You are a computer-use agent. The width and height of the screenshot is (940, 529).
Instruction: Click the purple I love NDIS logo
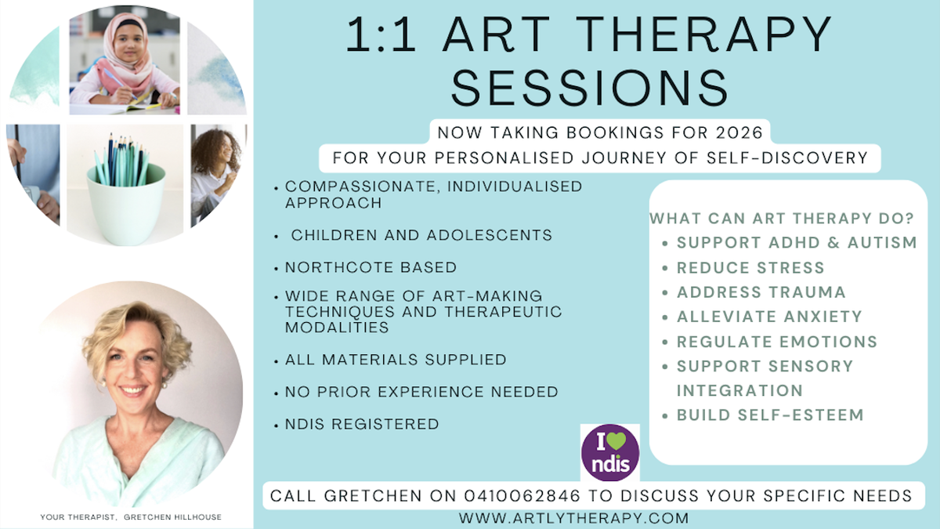609,453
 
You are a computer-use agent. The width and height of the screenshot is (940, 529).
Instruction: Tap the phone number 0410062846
522,496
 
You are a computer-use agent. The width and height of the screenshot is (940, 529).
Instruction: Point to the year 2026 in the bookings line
739,132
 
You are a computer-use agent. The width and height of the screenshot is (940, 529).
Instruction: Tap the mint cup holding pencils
125,205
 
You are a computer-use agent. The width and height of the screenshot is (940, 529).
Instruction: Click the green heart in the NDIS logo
616,440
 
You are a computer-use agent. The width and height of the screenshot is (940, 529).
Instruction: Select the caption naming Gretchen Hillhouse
131,517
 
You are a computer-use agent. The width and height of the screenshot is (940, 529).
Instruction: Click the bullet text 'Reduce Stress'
750,268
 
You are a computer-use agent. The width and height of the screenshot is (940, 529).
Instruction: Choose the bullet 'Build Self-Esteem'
770,415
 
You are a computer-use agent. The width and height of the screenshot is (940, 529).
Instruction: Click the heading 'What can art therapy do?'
782,219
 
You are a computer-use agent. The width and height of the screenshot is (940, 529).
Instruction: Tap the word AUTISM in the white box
882,243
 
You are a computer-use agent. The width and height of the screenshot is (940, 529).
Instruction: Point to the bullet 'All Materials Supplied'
396,360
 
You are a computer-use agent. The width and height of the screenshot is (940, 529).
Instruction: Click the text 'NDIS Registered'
362,425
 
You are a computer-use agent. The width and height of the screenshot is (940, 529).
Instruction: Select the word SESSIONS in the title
590,88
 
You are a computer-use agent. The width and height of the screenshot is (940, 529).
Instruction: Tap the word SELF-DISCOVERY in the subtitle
787,158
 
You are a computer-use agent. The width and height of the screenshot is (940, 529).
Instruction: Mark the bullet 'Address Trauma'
761,292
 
